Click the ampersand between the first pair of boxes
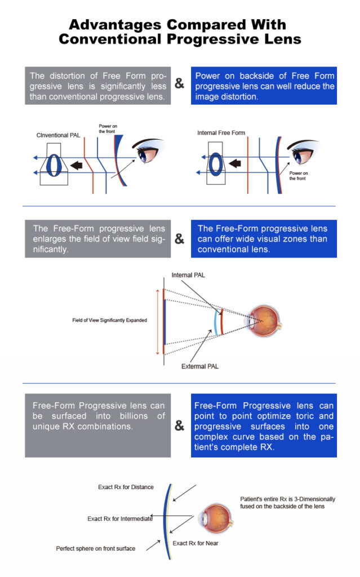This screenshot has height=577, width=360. click(179, 84)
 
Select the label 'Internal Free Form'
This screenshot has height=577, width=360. click(221, 133)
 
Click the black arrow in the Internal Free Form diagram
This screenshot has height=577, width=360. click(235, 163)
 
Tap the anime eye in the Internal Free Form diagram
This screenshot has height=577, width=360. click(304, 153)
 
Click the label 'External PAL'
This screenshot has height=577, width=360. click(199, 366)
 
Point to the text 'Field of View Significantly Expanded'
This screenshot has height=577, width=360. click(109, 320)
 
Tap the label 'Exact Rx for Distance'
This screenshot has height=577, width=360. click(126, 487)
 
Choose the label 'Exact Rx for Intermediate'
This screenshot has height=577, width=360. click(120, 518)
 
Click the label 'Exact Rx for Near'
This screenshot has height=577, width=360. click(195, 543)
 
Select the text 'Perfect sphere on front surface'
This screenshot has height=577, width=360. click(96, 548)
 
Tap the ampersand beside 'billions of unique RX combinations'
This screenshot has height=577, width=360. click(179, 426)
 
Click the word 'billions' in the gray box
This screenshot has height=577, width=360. click(134, 416)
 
